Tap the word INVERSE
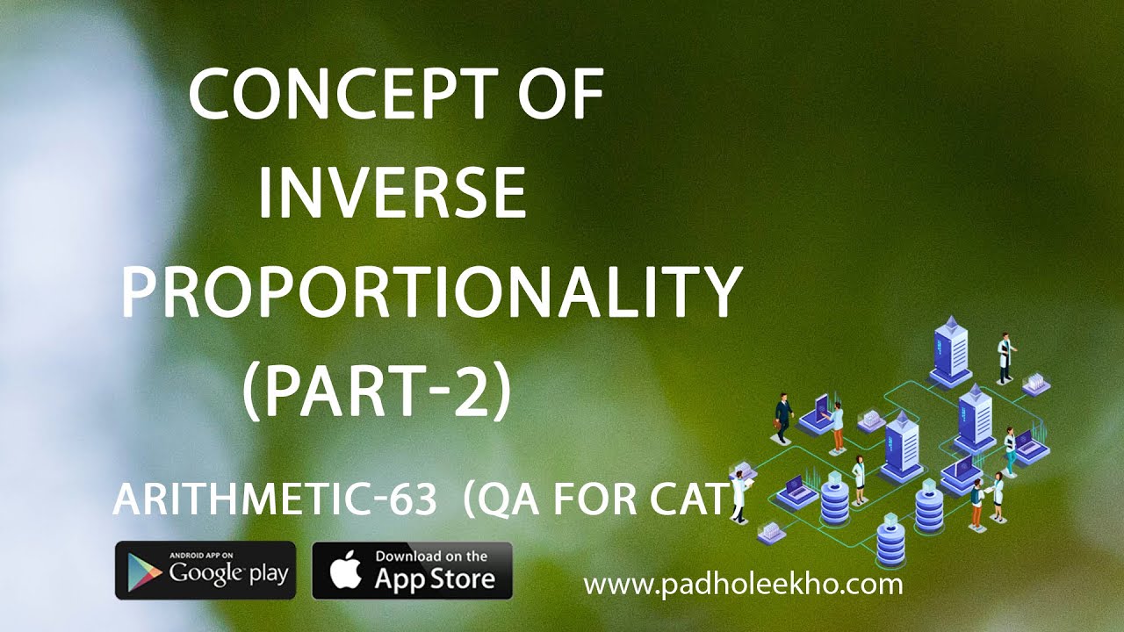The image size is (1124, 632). point(392,194)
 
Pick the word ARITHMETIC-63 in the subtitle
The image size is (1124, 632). point(274,500)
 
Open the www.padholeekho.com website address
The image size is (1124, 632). point(743,583)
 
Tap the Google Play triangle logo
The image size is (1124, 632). point(144,571)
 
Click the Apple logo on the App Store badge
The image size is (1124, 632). point(344,571)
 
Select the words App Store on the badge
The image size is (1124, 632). point(434,578)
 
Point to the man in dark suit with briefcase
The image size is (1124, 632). point(783,417)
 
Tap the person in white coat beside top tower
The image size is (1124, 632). point(1005,355)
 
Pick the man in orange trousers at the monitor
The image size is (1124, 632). point(838,427)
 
